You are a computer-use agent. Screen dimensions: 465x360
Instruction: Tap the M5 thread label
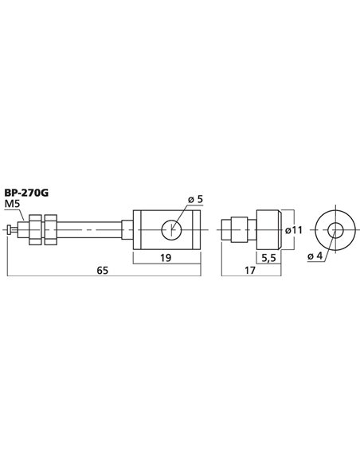(15, 204)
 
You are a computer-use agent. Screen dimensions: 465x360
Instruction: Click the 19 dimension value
(165, 258)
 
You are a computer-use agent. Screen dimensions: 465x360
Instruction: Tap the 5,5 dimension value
(269, 257)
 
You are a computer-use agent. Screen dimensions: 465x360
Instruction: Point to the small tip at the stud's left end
(10, 231)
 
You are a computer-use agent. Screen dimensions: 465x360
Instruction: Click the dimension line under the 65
(80, 278)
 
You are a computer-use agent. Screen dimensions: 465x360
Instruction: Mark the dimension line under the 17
(239, 278)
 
